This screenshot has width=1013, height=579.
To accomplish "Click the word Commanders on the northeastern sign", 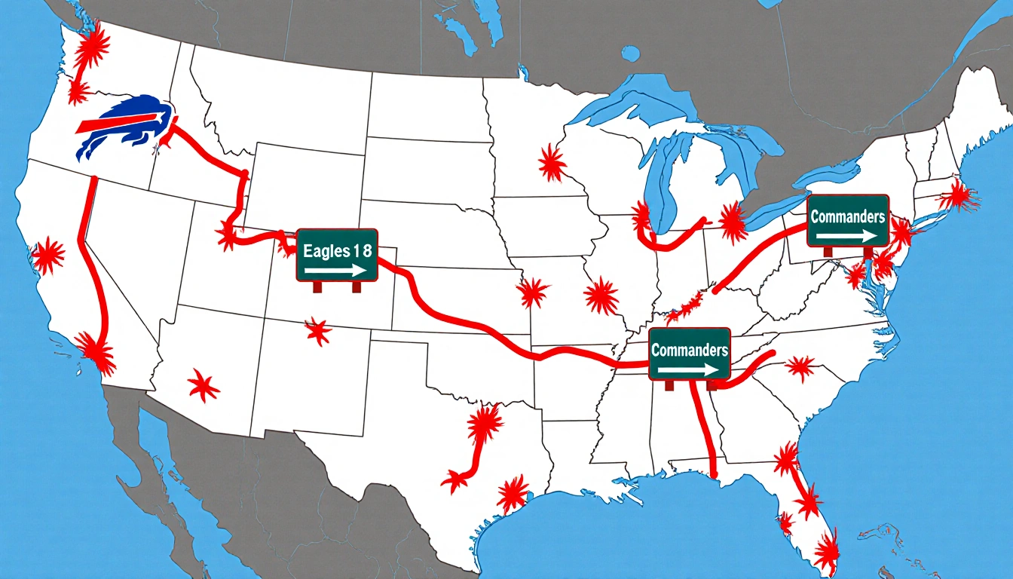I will pyautogui.click(x=847, y=217).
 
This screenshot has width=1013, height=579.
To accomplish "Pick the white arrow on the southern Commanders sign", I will pyautogui.click(x=688, y=370).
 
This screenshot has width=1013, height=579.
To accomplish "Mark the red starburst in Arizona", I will pyautogui.click(x=203, y=386).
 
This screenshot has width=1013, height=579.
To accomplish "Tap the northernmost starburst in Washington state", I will pyautogui.click(x=93, y=47).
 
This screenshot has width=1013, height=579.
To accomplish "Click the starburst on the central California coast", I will pyautogui.click(x=49, y=255).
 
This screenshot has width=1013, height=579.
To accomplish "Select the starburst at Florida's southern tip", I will pyautogui.click(x=827, y=549).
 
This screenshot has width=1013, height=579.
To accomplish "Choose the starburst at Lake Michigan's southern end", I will pyautogui.click(x=641, y=218).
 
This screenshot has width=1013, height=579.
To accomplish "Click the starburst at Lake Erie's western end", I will pyautogui.click(x=730, y=222).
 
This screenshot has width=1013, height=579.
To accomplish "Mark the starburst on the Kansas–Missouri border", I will pyautogui.click(x=533, y=292).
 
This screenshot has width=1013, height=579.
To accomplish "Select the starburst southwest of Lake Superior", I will pyautogui.click(x=551, y=163).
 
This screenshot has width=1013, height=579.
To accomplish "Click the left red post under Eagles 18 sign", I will pyautogui.click(x=317, y=286).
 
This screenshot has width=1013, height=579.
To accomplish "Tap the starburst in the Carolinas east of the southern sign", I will pyautogui.click(x=800, y=368).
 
